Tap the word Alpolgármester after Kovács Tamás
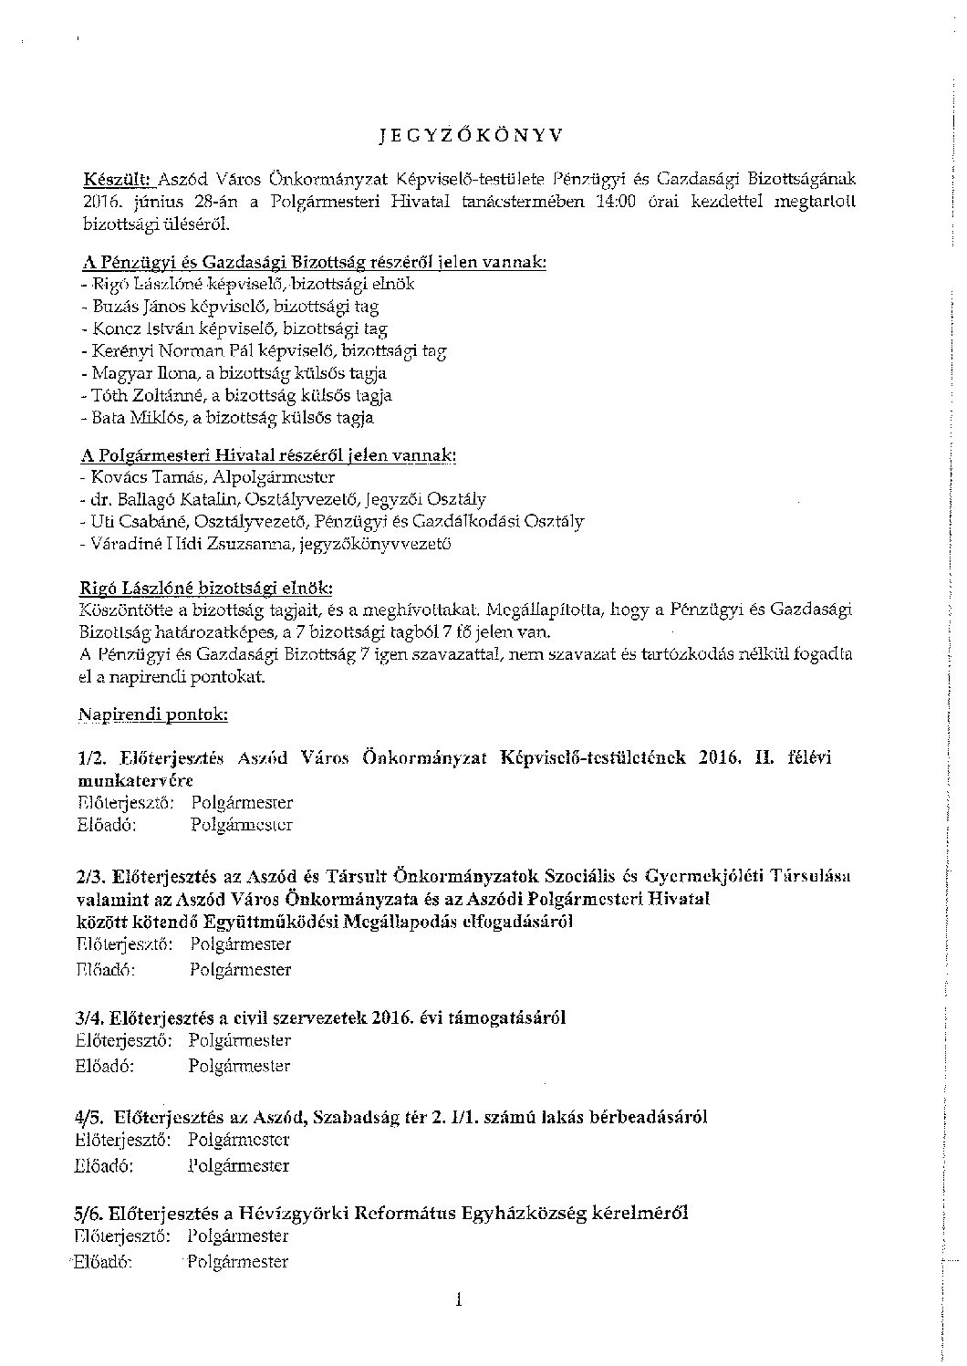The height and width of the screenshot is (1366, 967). (x=274, y=477)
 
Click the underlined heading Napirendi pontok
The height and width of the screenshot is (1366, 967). (x=153, y=715)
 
